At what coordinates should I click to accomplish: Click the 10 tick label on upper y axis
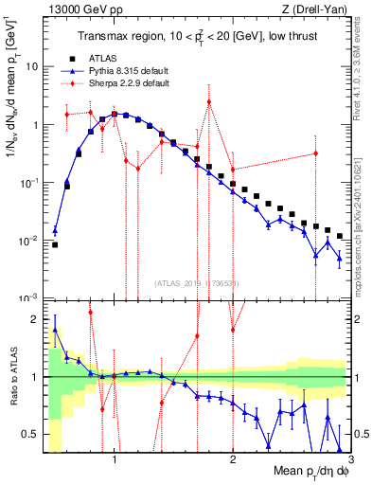click(32, 67)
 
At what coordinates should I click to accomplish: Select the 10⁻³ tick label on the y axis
click(28, 298)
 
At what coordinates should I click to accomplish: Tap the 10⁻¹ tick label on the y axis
click(28, 183)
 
